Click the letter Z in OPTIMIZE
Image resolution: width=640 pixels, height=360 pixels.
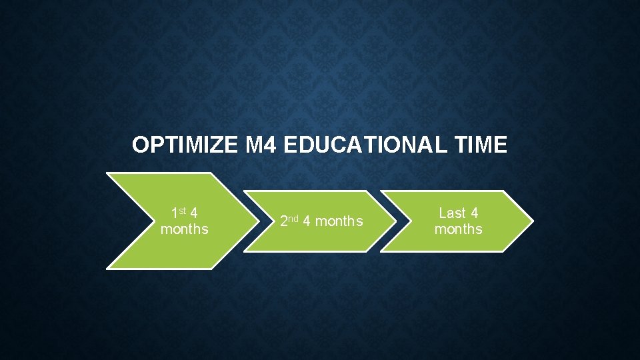click(215, 145)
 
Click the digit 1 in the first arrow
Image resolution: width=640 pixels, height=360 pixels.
click(175, 214)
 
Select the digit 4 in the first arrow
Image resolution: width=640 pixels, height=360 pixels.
click(193, 213)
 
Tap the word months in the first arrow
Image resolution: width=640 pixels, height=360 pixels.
click(184, 229)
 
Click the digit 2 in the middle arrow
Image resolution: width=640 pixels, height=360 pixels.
click(283, 221)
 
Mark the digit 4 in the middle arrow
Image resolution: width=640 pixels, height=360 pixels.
click(306, 221)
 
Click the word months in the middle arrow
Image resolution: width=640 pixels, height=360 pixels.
click(339, 221)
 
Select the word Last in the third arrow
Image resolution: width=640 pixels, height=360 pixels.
click(452, 213)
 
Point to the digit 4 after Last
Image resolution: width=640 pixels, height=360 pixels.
click(474, 213)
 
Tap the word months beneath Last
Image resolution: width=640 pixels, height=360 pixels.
click(458, 229)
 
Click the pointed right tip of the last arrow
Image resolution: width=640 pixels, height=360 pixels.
click(532, 221)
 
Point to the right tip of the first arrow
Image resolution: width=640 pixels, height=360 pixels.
click(259, 221)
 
